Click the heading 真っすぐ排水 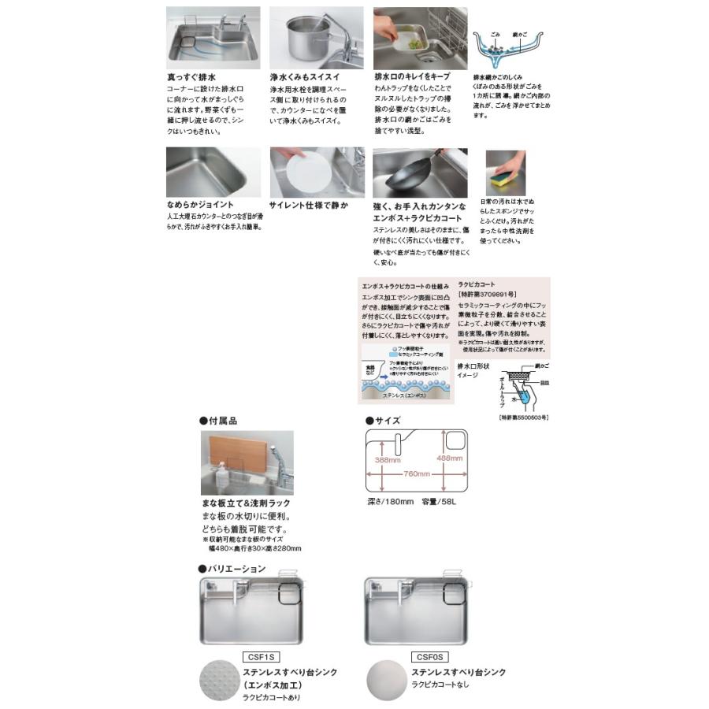191,80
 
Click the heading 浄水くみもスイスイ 306,80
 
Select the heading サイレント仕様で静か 309,205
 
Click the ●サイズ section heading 384,421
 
